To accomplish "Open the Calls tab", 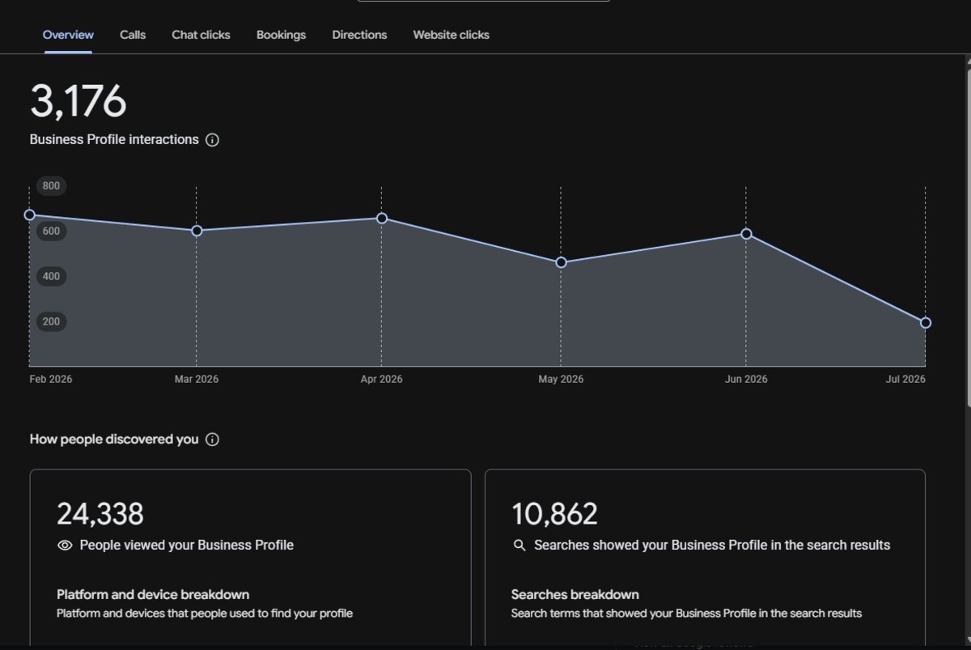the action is tap(133, 35).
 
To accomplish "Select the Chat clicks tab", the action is tap(201, 35).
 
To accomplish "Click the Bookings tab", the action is tap(281, 35).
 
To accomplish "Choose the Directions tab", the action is tap(359, 35).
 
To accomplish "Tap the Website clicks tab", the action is tap(451, 35).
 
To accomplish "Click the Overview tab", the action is tap(68, 35).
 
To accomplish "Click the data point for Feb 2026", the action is tap(29, 215).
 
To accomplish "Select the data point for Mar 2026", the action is tap(197, 231).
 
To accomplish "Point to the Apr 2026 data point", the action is tap(381, 218).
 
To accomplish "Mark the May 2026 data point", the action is tap(561, 262).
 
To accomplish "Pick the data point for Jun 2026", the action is tap(746, 234).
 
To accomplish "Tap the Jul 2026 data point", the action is tap(926, 323).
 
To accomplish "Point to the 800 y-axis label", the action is tap(51, 186).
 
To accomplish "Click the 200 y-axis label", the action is tap(51, 321).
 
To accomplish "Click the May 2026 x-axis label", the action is tap(561, 379).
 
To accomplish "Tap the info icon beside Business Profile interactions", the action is tap(212, 139).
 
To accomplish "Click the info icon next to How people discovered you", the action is tap(212, 440).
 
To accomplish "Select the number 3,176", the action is tap(78, 101).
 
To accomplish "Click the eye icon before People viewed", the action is tap(65, 545).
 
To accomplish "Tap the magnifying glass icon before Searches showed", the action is tap(519, 545).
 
